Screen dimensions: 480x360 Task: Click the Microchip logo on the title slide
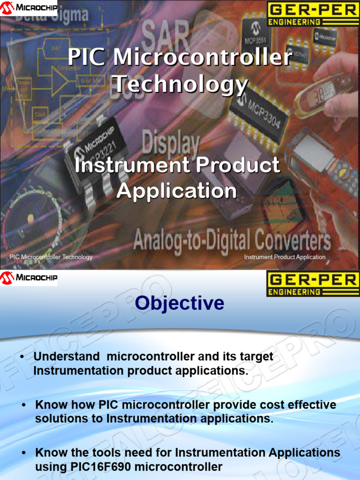point(29,7)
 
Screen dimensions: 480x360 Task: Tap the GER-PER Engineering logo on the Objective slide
point(313,284)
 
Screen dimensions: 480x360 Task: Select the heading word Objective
point(180,303)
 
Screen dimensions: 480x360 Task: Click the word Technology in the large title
point(181,85)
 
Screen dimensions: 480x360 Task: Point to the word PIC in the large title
point(88,58)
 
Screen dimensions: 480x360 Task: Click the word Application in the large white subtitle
point(177,191)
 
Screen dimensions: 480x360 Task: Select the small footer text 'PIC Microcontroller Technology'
point(51,257)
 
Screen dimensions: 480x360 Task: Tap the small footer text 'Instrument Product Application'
point(285,257)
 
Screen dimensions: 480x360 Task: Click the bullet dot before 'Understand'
point(22,358)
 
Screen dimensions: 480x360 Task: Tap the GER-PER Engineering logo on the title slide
point(313,14)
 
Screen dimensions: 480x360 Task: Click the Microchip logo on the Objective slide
point(29,278)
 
